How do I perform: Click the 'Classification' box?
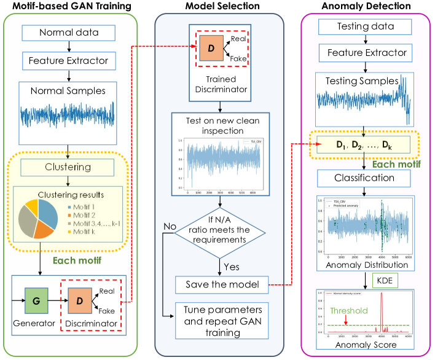click(x=364, y=178)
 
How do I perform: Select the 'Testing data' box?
click(x=364, y=26)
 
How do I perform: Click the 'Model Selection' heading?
click(x=218, y=7)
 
